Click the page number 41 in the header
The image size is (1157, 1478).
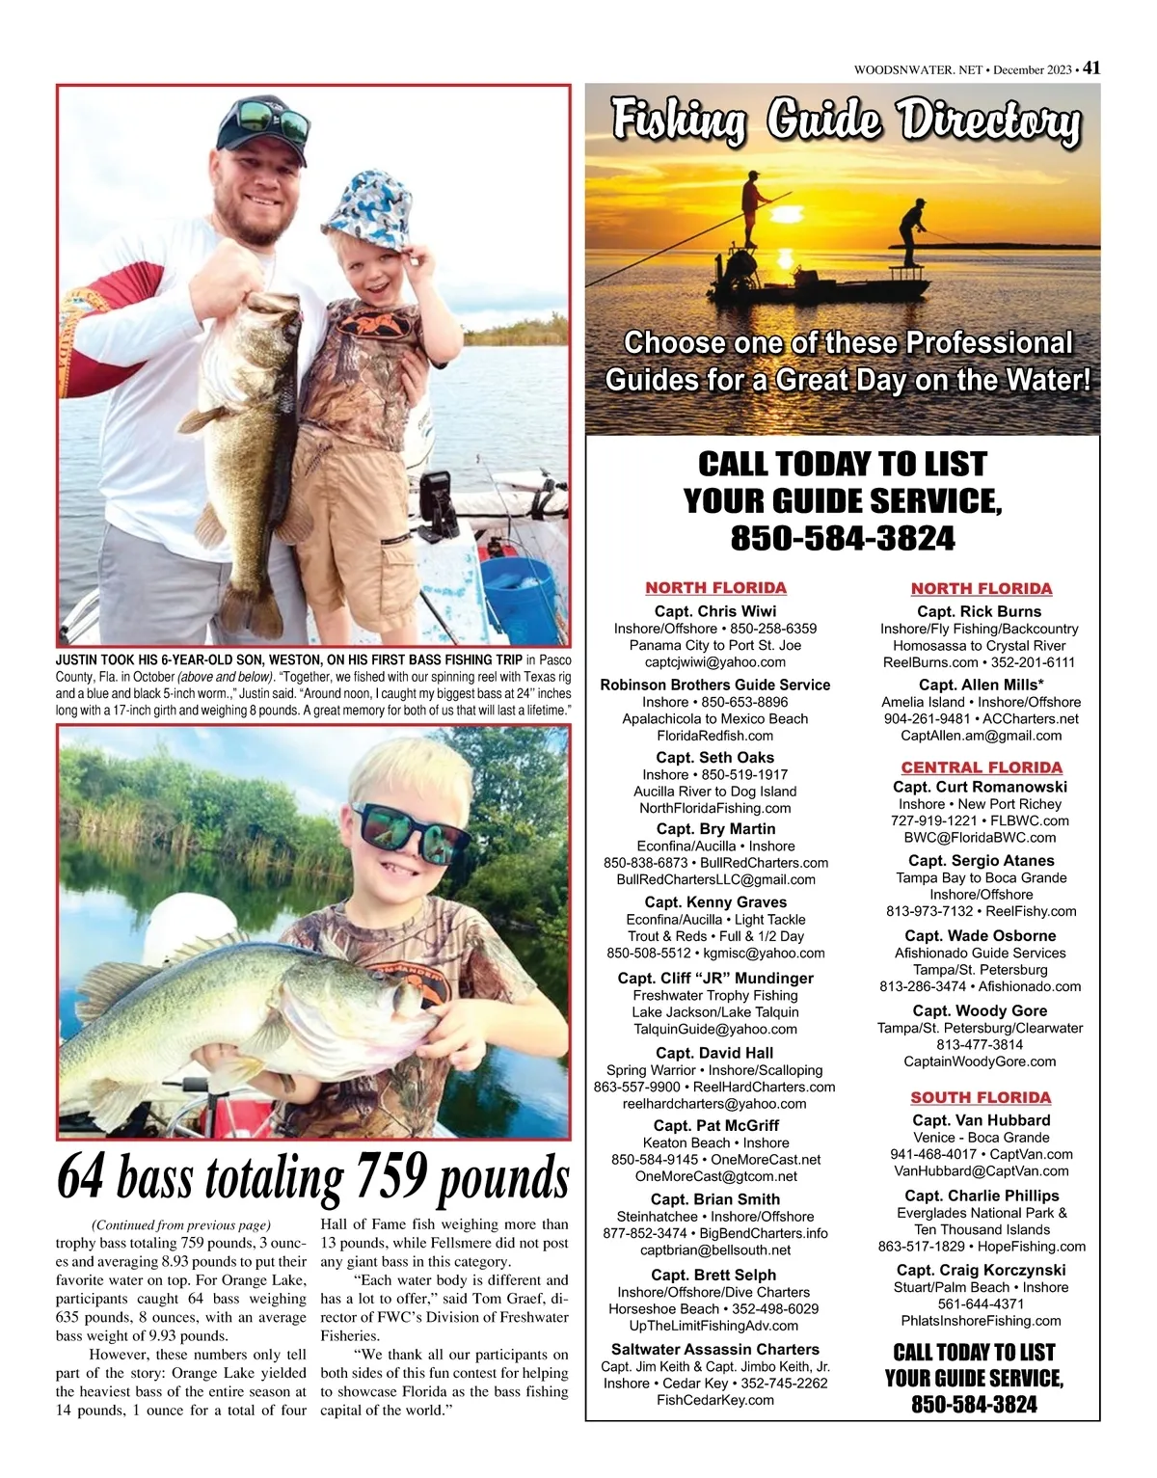coord(1090,68)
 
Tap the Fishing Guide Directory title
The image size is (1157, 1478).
coord(846,122)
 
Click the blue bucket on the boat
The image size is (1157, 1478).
coord(518,587)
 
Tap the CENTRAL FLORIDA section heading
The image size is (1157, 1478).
coord(981,767)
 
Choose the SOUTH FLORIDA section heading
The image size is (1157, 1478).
coord(981,1097)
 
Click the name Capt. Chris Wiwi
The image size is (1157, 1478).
coord(714,611)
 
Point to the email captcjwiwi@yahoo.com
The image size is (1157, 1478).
coord(714,662)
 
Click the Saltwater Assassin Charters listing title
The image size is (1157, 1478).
coord(714,1349)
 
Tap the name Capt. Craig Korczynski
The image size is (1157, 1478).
coord(981,1270)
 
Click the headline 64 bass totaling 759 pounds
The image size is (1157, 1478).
coord(313,1177)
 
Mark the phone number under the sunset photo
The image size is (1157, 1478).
coord(842,538)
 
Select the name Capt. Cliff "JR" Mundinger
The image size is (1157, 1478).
coord(714,978)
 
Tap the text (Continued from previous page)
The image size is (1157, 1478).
coord(180,1224)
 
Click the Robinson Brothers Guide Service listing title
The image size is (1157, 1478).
coord(714,685)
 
